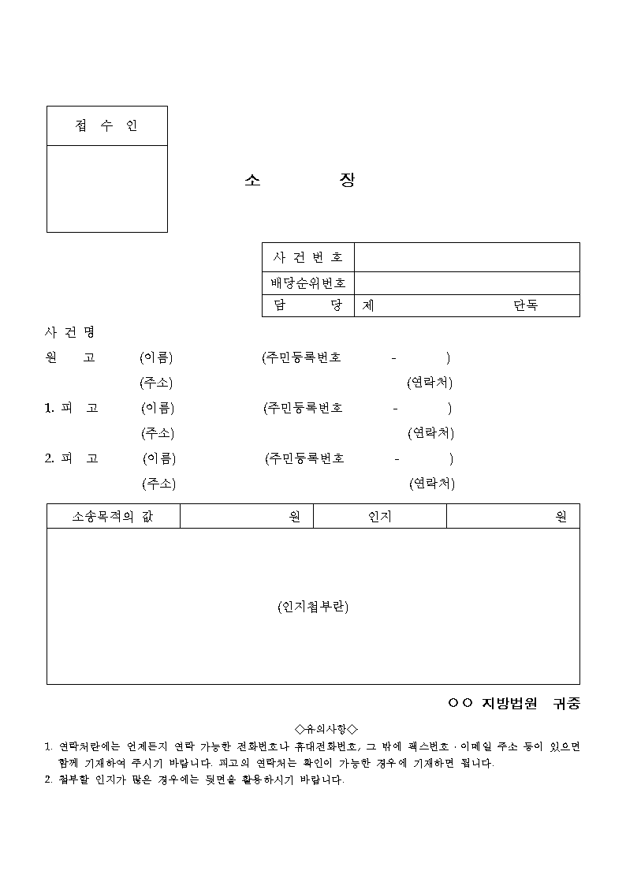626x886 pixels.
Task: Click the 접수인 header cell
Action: tap(106, 126)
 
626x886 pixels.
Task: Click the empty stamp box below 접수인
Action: tap(106, 189)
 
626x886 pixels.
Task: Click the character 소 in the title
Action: tap(252, 181)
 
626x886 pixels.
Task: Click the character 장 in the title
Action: tap(347, 181)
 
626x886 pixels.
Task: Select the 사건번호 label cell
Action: tap(308, 257)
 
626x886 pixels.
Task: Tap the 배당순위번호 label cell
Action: tap(308, 283)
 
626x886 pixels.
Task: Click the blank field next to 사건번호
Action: tap(467, 257)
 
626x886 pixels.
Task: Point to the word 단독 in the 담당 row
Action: tap(526, 306)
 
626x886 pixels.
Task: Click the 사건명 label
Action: tap(70, 332)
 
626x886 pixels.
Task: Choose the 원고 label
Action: tap(70, 357)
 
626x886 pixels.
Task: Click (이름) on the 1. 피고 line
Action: tap(158, 408)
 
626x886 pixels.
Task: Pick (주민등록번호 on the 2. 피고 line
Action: tap(304, 458)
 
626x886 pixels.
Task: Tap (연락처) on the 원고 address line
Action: tap(430, 383)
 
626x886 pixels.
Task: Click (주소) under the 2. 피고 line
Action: tap(158, 484)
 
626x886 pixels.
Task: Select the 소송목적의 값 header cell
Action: tap(114, 517)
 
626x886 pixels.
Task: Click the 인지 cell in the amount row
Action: tap(380, 517)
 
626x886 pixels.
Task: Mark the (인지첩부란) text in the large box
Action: tap(313, 607)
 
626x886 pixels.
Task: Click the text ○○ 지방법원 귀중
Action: tap(513, 703)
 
